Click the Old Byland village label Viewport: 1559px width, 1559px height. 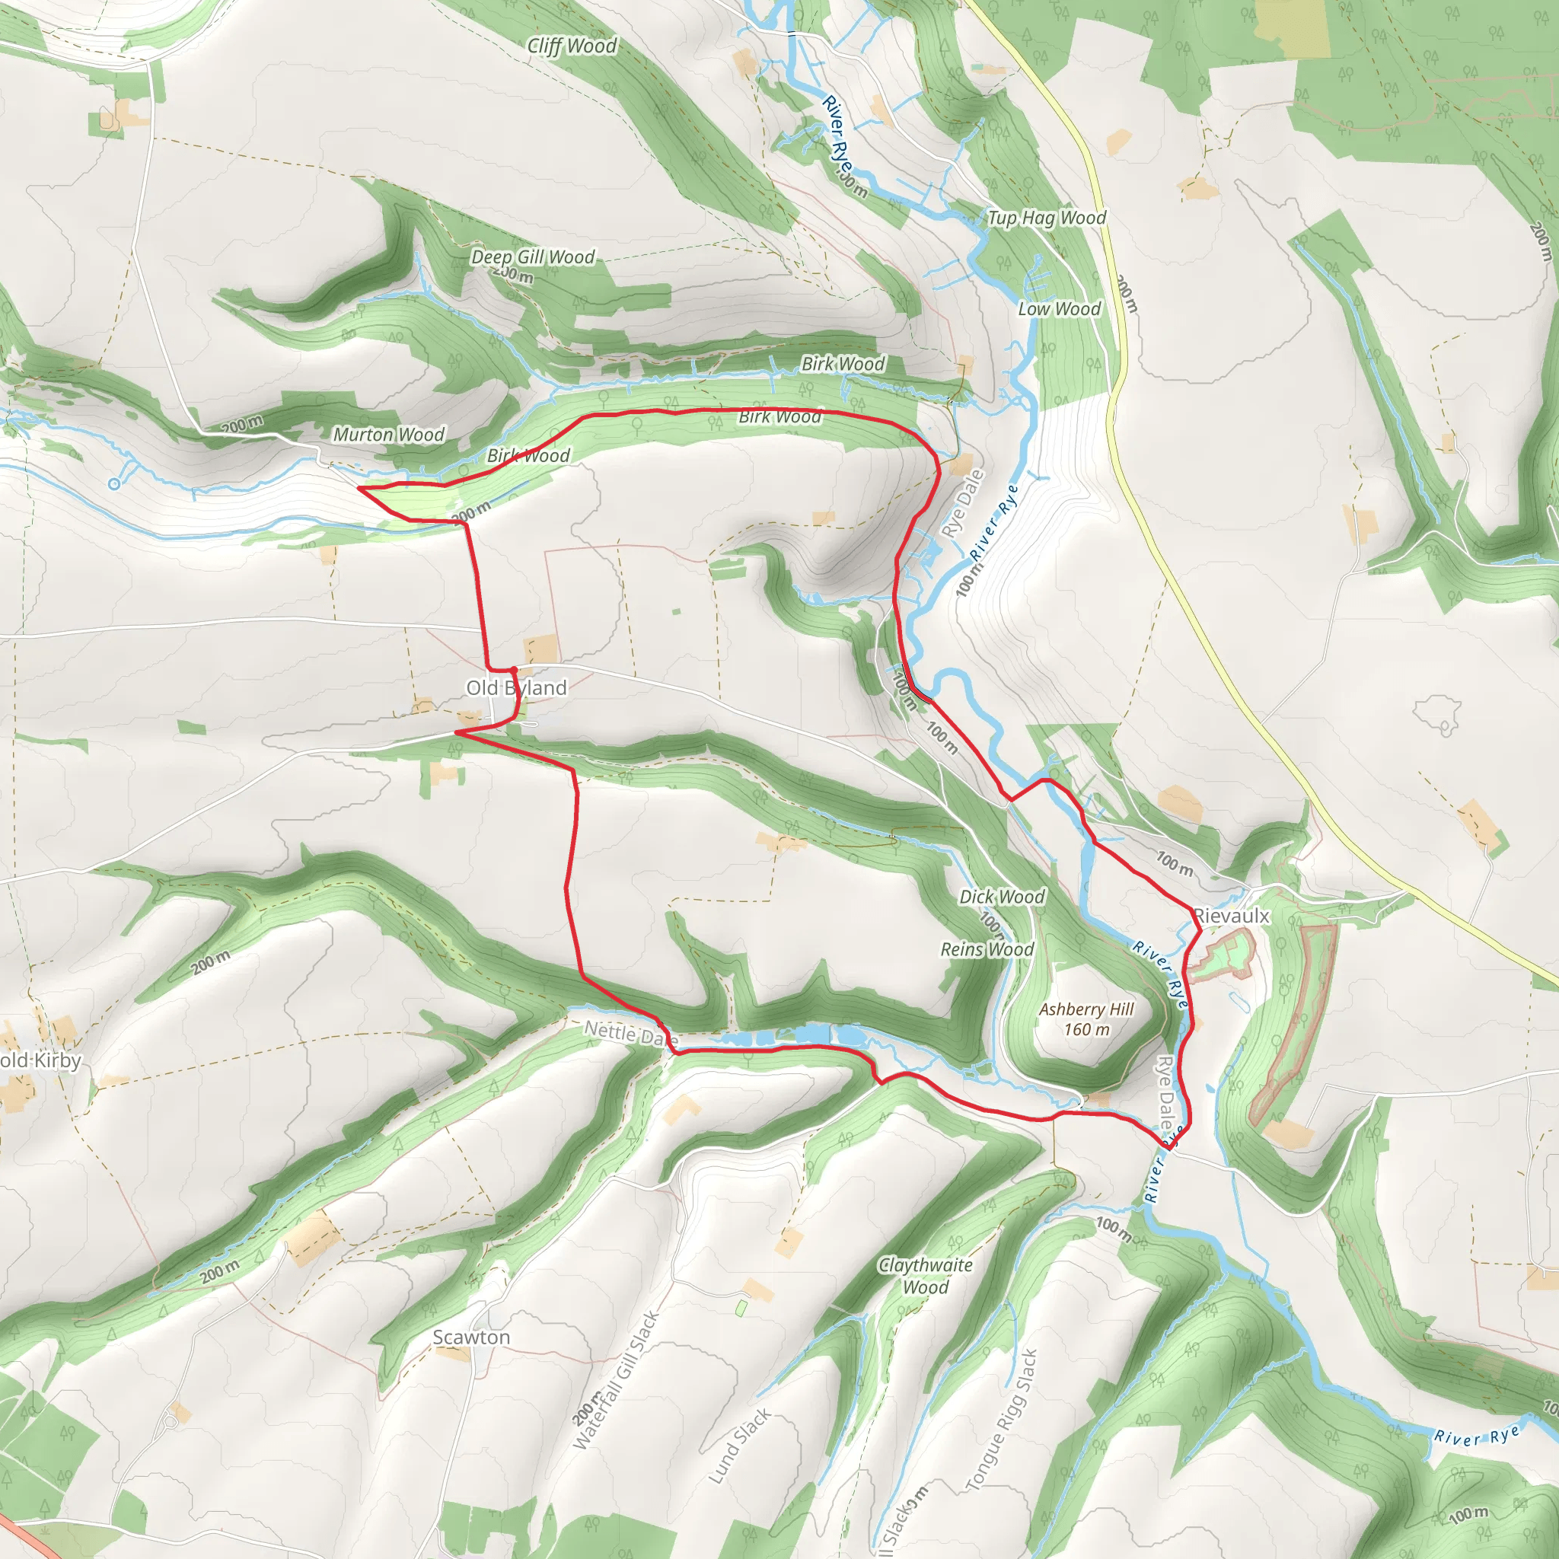pyautogui.click(x=516, y=687)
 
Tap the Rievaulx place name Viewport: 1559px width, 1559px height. pyautogui.click(x=1232, y=916)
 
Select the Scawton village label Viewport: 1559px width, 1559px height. pyautogui.click(x=471, y=1337)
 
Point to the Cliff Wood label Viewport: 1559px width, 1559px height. pyautogui.click(x=572, y=46)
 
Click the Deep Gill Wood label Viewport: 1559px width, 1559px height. pyautogui.click(x=533, y=257)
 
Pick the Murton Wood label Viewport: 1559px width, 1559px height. pyautogui.click(x=389, y=434)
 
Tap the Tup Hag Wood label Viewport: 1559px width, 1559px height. pyautogui.click(x=1047, y=218)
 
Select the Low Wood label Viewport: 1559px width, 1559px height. pyautogui.click(x=1059, y=309)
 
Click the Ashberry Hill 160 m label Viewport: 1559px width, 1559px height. pyautogui.click(x=1086, y=1019)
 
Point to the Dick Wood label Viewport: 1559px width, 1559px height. pyautogui.click(x=1002, y=897)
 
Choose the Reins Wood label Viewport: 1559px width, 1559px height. pyautogui.click(x=987, y=949)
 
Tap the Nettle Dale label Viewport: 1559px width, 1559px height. pyautogui.click(x=630, y=1033)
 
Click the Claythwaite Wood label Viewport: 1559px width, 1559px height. pyautogui.click(x=926, y=1276)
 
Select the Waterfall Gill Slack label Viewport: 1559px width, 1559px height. pyautogui.click(x=617, y=1381)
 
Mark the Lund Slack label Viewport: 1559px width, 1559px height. pyautogui.click(x=739, y=1447)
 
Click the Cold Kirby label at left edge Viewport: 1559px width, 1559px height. pyautogui.click(x=40, y=1060)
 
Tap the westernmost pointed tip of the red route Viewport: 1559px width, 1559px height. pyautogui.click(x=359, y=488)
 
